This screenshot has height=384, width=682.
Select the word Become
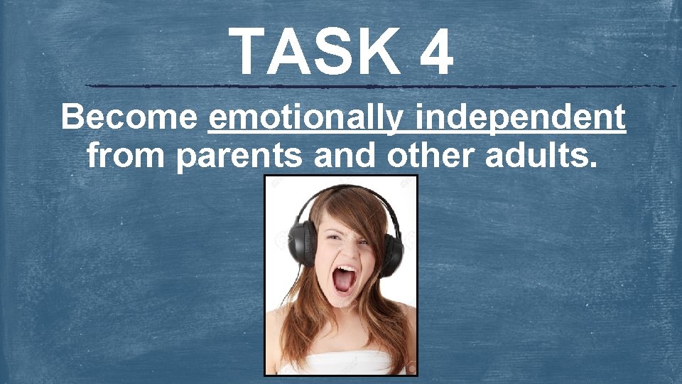click(129, 118)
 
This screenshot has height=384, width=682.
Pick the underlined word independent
click(521, 118)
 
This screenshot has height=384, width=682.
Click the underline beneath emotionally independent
click(416, 133)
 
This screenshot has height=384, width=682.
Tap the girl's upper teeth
click(345, 270)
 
